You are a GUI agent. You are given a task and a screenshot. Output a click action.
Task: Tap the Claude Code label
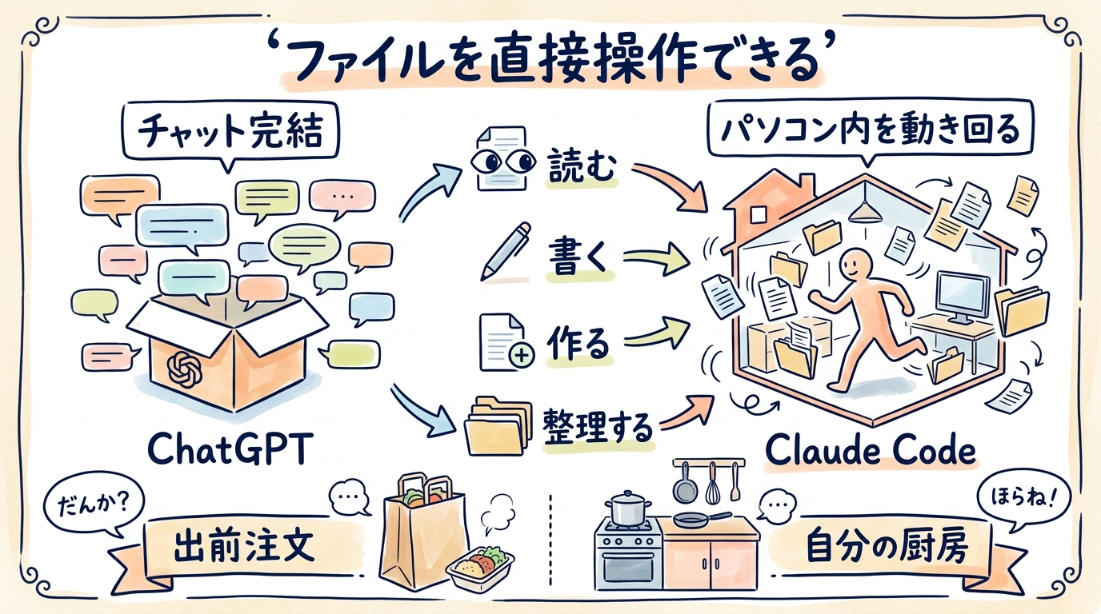(x=870, y=450)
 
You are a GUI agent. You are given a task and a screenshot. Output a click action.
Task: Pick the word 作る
(x=579, y=342)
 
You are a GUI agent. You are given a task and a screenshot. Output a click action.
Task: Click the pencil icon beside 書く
(x=505, y=250)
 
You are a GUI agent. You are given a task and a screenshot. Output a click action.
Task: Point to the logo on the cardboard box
(x=187, y=370)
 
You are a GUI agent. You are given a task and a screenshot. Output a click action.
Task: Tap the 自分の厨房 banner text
(x=889, y=548)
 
